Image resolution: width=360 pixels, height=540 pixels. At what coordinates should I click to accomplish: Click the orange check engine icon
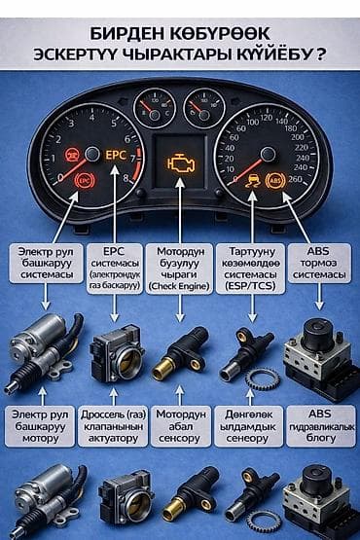(180, 162)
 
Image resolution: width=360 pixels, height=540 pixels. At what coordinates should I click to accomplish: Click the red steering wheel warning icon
(72, 155)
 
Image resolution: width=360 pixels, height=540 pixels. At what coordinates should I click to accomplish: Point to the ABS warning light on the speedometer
(276, 180)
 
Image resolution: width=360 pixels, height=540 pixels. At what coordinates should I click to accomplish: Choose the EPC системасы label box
(115, 262)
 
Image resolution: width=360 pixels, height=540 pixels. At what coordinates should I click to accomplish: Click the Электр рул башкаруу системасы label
(44, 262)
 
